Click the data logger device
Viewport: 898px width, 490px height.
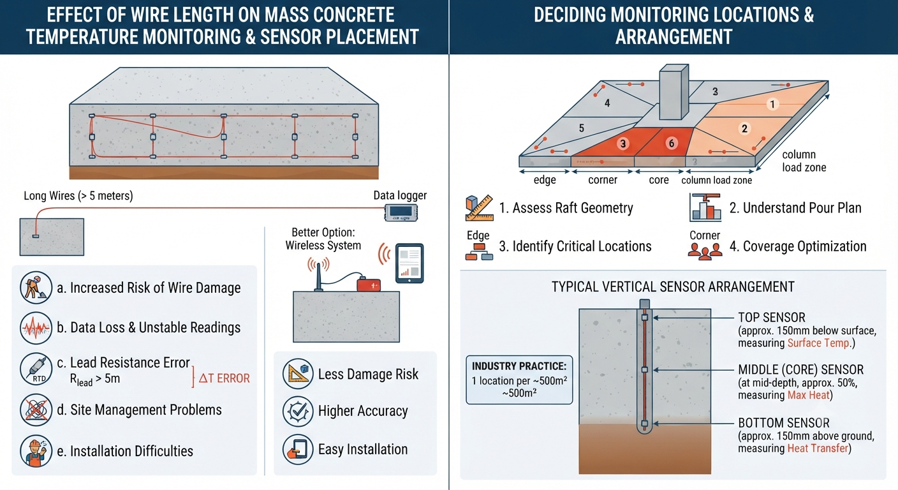401,212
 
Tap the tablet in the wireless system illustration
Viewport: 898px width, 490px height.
409,263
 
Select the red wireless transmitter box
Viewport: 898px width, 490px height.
369,285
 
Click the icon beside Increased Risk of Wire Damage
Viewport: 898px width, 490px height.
36,288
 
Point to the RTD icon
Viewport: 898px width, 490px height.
36,369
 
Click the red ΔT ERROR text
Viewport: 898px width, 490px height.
224,378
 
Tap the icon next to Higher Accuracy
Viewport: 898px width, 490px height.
298,411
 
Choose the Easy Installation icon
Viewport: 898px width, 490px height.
298,449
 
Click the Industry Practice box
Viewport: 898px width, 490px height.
519,380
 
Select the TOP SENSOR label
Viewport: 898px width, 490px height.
772,318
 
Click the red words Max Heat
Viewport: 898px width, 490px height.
808,396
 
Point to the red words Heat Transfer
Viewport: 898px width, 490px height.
818,449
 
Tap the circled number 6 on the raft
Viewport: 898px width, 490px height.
672,143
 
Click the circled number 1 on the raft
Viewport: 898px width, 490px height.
772,104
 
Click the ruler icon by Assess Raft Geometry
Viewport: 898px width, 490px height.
480,208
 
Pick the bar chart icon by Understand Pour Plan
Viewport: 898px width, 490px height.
705,207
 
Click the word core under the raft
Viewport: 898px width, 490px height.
659,180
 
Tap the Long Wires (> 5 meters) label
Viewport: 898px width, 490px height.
78,196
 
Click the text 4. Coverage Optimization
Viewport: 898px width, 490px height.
798,246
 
